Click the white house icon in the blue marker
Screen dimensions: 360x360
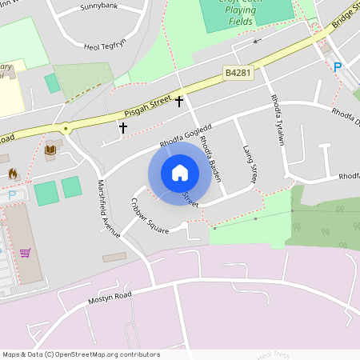coord(180,172)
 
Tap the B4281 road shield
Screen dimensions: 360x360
coord(238,73)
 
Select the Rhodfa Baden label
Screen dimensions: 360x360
coord(210,154)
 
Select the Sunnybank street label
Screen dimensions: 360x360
coord(98,6)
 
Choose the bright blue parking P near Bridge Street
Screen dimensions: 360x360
coord(337,67)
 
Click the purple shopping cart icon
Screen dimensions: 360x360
coord(26,253)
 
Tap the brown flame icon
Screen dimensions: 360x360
coord(13,173)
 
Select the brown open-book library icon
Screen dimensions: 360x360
coord(50,150)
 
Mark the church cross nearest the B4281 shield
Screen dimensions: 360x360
coord(179,102)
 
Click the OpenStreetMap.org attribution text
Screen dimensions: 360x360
coord(102,354)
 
